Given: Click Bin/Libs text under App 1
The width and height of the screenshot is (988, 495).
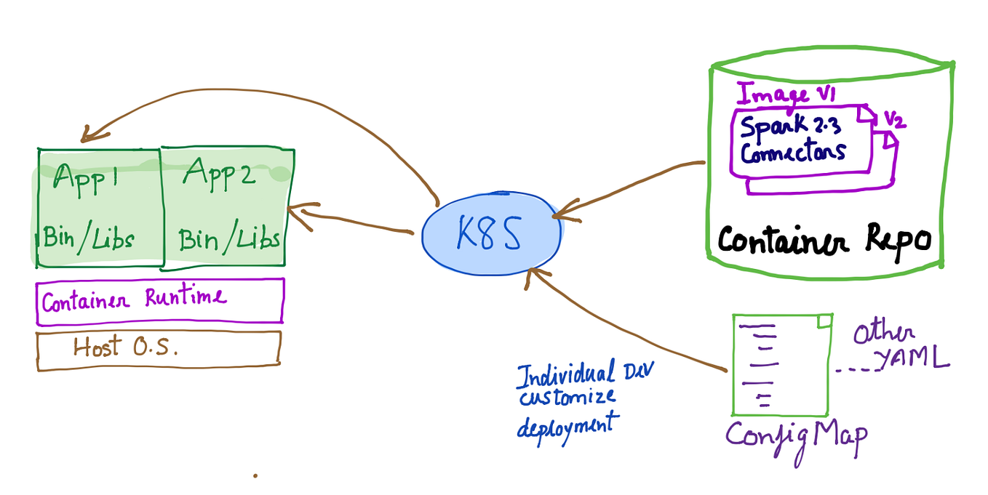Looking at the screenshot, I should [89, 238].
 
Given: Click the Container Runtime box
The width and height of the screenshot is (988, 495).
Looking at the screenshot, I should [159, 300].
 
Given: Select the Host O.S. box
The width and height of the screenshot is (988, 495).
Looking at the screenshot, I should [158, 350].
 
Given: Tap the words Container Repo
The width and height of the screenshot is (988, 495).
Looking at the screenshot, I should [824, 239].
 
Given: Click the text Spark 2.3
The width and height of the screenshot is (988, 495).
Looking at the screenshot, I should [790, 126].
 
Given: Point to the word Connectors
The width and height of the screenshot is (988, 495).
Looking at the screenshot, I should [793, 152].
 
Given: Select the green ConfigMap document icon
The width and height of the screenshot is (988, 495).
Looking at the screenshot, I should [782, 364].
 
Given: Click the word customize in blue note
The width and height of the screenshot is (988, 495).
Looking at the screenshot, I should [567, 398].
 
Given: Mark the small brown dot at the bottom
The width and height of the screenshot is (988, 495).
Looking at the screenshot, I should [255, 476].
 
